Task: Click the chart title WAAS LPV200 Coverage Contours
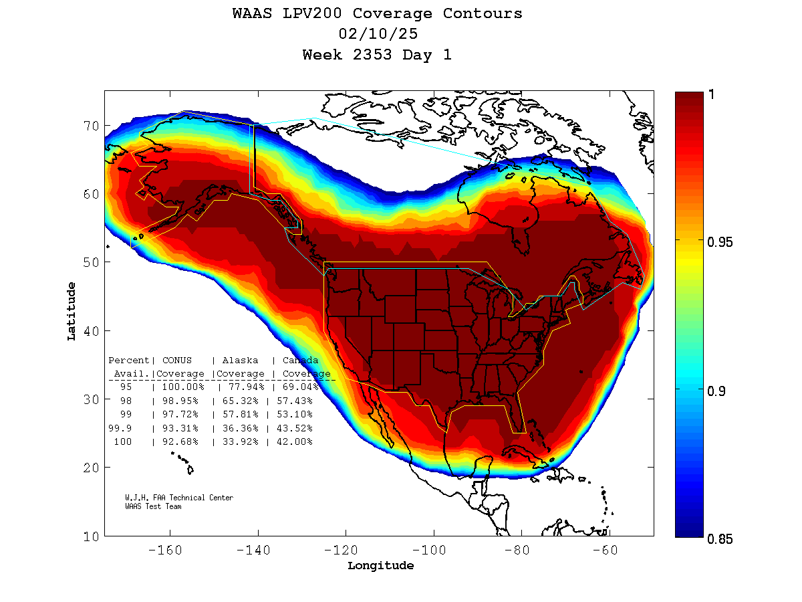tap(378, 13)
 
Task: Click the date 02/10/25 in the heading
tap(378, 34)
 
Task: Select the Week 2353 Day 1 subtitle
tap(377, 55)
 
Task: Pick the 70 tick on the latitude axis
tap(92, 126)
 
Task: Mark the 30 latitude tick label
tap(92, 399)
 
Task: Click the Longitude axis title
tap(380, 566)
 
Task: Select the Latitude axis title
tap(71, 311)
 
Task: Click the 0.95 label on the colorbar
tap(720, 241)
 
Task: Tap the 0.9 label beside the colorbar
tap(716, 391)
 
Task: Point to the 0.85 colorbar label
tap(720, 539)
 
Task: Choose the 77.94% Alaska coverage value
tap(241, 387)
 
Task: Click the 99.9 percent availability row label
tap(123, 428)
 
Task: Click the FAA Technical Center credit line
tap(179, 498)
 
